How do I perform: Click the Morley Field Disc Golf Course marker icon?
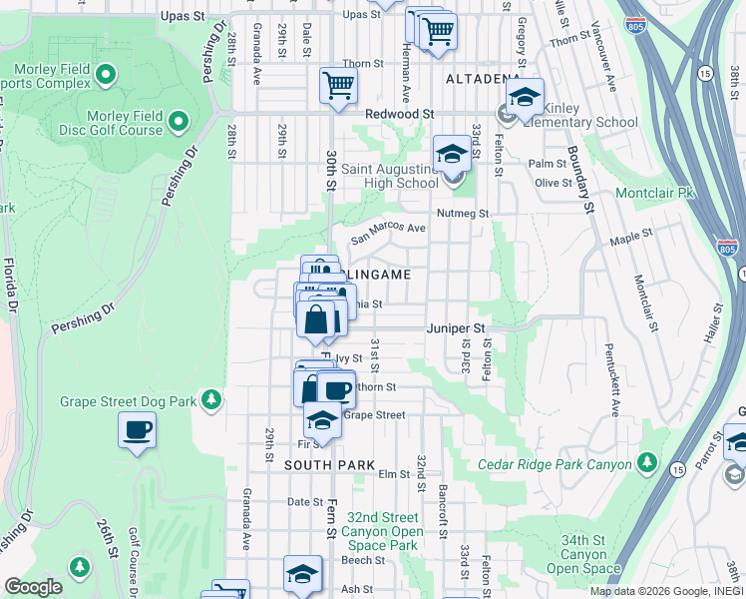[179, 122]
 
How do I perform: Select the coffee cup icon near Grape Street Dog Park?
[137, 430]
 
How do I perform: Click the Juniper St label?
[455, 327]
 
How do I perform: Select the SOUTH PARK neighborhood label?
[329, 465]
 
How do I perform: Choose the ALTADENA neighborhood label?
[483, 78]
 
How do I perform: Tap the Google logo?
[33, 587]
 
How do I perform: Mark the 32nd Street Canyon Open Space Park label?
[384, 531]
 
